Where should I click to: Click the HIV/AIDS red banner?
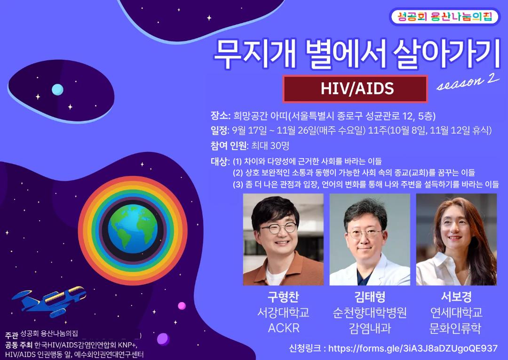point(355,89)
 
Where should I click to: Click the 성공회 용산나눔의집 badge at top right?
point(445,16)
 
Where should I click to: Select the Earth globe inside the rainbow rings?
point(133,229)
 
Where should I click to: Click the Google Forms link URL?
point(413,348)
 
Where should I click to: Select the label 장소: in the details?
point(220,116)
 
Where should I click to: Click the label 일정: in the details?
point(220,130)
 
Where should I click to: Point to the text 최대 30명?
point(270,146)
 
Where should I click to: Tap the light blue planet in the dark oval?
point(57,89)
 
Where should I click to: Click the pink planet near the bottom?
point(182,305)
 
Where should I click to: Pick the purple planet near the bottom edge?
point(163,339)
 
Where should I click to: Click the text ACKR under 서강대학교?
point(284,328)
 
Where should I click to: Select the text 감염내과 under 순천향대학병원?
point(370,328)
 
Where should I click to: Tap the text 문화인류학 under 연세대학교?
point(456,328)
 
